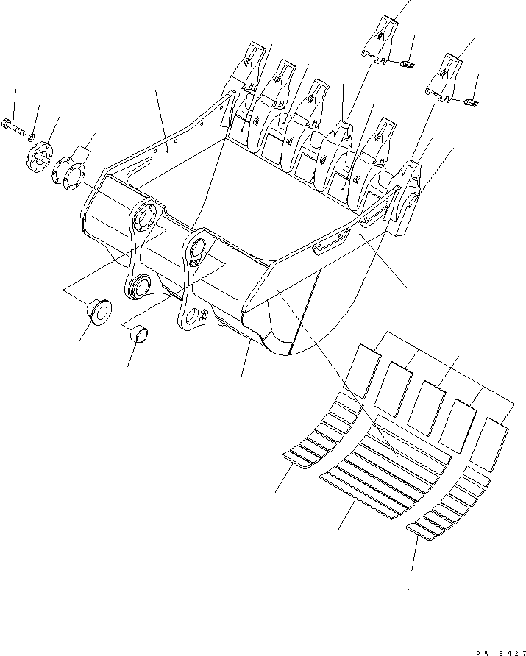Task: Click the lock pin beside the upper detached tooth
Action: coord(406,65)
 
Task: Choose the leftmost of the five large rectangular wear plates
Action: coord(364,372)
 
